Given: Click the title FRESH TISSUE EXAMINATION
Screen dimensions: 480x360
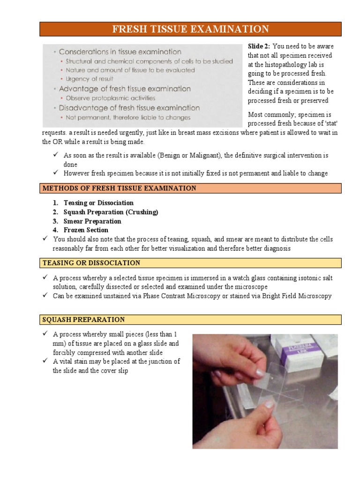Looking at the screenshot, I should tap(190, 29).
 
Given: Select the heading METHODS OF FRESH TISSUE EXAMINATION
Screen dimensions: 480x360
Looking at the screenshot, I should tap(119, 188).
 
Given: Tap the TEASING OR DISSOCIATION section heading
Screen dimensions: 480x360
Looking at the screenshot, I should tap(91, 263).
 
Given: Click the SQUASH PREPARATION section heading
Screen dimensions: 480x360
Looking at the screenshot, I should tap(83, 319).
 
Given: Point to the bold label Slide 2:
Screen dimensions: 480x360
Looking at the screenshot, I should tap(259, 46).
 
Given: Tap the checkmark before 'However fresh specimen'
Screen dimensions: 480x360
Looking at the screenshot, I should tap(55, 173).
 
